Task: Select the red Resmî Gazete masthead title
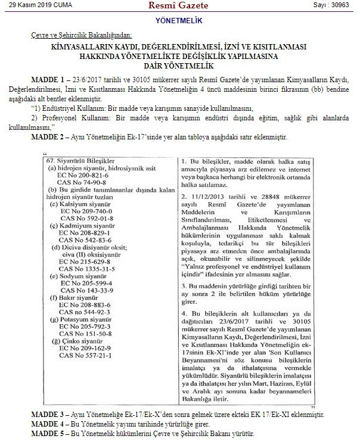pos(179,5)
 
